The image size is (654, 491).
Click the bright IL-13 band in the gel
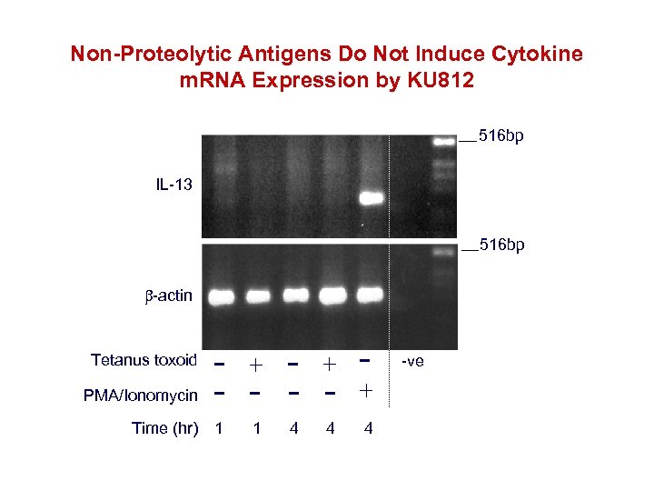pyautogui.click(x=371, y=197)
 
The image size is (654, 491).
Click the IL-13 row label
pyautogui.click(x=173, y=185)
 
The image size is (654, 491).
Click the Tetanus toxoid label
pyautogui.click(x=144, y=360)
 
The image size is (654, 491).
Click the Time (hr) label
pyautogui.click(x=164, y=428)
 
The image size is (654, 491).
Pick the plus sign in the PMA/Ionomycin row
pyautogui.click(x=366, y=391)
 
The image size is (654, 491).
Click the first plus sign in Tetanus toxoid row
pyautogui.click(x=257, y=365)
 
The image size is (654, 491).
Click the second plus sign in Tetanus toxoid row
pyautogui.click(x=330, y=365)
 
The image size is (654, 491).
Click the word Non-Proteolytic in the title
pyautogui.click(x=138, y=55)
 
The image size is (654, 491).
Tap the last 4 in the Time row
pyautogui.click(x=367, y=428)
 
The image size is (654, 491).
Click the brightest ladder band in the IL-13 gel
pyautogui.click(x=443, y=141)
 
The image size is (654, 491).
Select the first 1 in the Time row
pyautogui.click(x=217, y=428)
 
